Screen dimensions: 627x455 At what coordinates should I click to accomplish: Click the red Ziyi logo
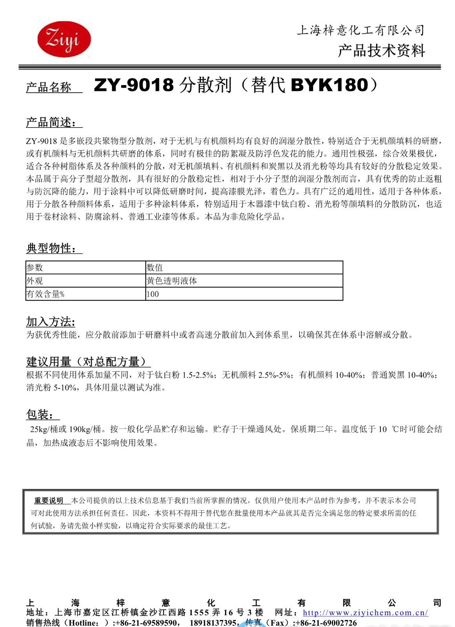(x=64, y=39)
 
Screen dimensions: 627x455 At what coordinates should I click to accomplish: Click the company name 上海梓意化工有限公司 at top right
(x=360, y=30)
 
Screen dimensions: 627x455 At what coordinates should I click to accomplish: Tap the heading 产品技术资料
(x=381, y=51)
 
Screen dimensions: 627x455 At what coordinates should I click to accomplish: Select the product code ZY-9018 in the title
(x=133, y=85)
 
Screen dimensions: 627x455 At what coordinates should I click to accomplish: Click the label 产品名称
(x=49, y=87)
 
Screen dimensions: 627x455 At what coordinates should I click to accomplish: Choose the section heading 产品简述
(x=51, y=122)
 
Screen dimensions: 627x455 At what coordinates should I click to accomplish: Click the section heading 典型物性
(x=51, y=248)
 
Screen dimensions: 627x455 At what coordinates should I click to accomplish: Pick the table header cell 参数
(x=35, y=268)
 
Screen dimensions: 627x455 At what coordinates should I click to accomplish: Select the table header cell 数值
(x=155, y=268)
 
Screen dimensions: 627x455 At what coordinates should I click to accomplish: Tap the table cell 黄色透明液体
(x=172, y=281)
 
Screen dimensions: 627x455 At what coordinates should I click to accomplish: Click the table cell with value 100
(x=153, y=294)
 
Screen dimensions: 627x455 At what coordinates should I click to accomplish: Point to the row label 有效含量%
(x=45, y=294)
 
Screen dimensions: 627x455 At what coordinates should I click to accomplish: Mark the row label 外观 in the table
(x=35, y=281)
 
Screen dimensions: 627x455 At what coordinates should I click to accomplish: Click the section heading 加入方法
(x=51, y=322)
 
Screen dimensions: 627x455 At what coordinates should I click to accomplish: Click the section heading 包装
(x=40, y=414)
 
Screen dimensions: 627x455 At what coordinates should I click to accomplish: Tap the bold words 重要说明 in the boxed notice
(x=49, y=501)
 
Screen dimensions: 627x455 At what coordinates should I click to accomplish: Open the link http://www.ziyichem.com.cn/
(x=365, y=613)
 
